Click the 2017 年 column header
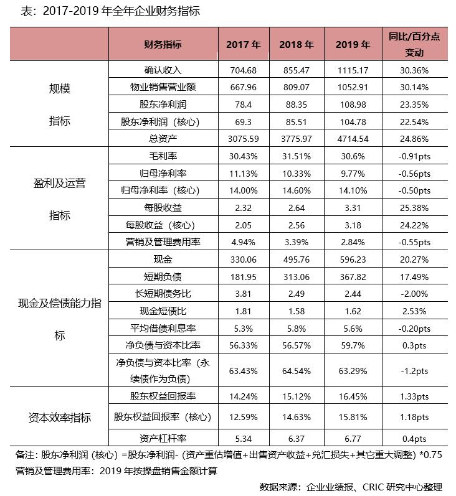(243, 44)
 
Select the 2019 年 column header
(353, 44)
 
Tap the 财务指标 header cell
(163, 44)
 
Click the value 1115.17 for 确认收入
(353, 70)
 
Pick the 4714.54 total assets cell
(353, 138)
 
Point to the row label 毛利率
(163, 156)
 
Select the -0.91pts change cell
(414, 156)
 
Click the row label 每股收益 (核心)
(163, 224)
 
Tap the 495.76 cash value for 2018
(297, 259)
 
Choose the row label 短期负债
(163, 276)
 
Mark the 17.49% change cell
(414, 276)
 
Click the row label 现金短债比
(163, 310)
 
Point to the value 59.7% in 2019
(353, 344)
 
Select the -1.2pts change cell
(414, 370)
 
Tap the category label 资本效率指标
(60, 417)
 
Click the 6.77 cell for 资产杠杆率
(353, 438)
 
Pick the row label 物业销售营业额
(163, 87)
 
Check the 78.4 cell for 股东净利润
(243, 104)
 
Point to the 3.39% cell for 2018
(297, 241)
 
